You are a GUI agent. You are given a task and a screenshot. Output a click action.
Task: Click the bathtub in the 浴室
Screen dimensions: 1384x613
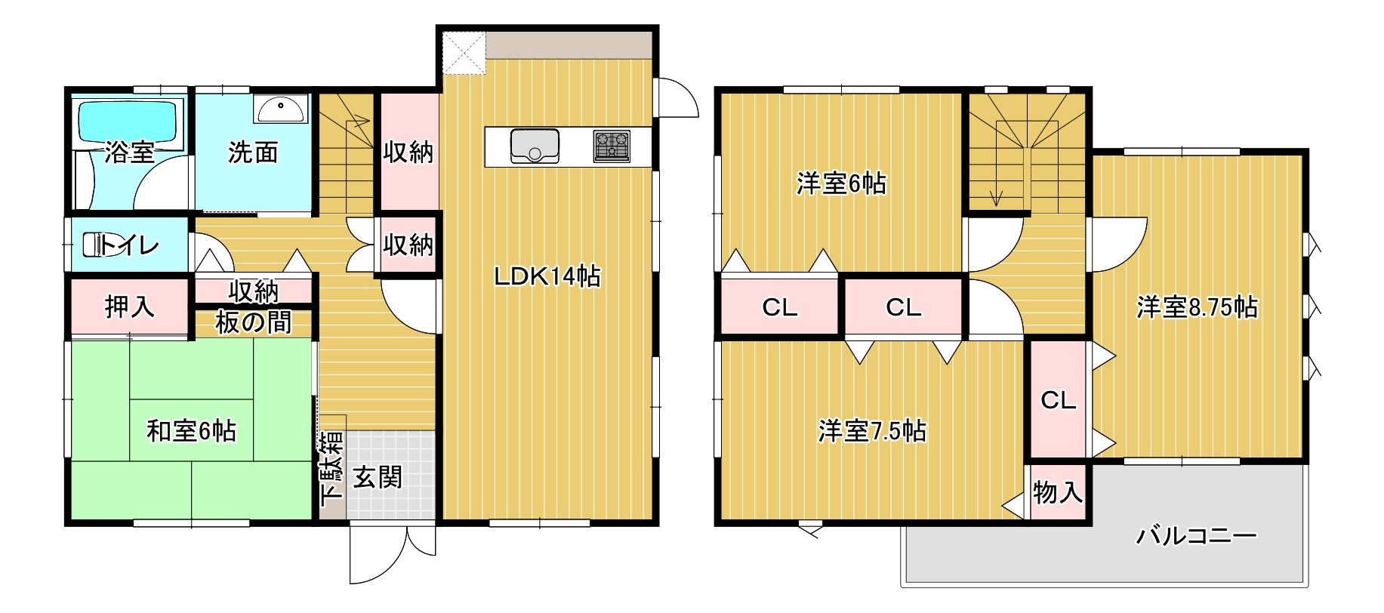[129, 122]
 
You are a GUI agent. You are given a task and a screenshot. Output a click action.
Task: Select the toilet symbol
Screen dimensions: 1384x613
[97, 245]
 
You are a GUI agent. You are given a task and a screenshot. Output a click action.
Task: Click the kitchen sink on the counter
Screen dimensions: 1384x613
[535, 146]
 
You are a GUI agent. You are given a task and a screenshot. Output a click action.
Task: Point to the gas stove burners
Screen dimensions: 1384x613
[612, 146]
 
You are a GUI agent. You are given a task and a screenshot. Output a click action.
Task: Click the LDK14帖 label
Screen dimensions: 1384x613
[547, 276]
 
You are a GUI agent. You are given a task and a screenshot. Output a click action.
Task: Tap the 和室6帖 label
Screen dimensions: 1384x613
[192, 431]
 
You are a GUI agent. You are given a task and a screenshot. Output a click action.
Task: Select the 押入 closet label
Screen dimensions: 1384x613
[130, 306]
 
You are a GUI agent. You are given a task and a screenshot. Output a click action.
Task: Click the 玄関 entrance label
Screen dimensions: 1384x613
[378, 477]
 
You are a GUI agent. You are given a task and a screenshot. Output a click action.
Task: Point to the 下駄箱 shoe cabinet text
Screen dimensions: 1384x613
[331, 469]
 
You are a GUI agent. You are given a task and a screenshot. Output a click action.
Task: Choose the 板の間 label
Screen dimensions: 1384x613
[254, 322]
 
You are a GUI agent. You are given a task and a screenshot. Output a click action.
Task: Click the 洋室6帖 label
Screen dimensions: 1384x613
[841, 183]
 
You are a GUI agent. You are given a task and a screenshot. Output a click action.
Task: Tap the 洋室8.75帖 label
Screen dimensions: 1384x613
[1198, 307]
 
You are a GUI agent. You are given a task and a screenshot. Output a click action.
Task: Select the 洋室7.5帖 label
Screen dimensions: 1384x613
[873, 431]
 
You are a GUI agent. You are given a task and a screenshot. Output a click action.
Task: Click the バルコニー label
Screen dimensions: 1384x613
[1197, 536]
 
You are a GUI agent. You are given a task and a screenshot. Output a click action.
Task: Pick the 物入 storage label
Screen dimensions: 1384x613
[1058, 493]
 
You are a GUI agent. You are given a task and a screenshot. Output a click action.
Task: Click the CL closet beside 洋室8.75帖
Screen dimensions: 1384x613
[1059, 400]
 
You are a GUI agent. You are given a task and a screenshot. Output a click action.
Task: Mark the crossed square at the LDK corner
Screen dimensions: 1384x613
[464, 53]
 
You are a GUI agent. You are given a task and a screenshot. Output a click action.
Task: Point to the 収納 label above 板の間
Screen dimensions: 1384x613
[254, 291]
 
